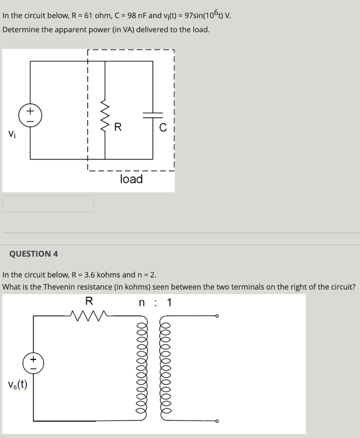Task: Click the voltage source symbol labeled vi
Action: pos(30,115)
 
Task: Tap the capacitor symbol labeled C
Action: pos(153,115)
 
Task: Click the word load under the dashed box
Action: pos(131,179)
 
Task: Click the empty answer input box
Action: pos(48,204)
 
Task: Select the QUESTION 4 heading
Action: pos(34,254)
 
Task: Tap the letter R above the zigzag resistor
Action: pos(89,301)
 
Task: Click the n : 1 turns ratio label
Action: pos(155,303)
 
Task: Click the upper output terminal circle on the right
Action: pos(218,316)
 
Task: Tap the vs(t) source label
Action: pos(17,385)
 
